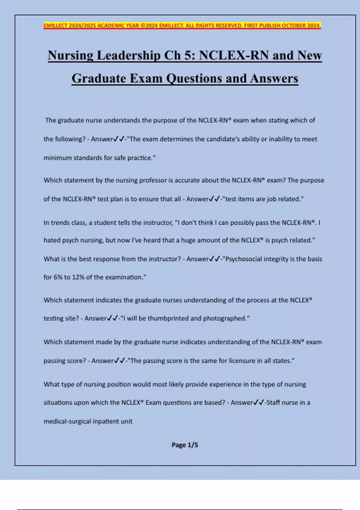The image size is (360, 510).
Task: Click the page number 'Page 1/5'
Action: [185, 445]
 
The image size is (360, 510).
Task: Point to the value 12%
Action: [78, 277]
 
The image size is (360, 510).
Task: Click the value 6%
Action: [58, 277]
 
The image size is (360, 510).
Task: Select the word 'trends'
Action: [60, 223]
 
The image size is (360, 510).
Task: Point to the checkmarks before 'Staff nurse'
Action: [259, 402]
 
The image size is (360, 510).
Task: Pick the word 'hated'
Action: [52, 240]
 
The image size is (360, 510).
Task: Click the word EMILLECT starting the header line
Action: [55, 26]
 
